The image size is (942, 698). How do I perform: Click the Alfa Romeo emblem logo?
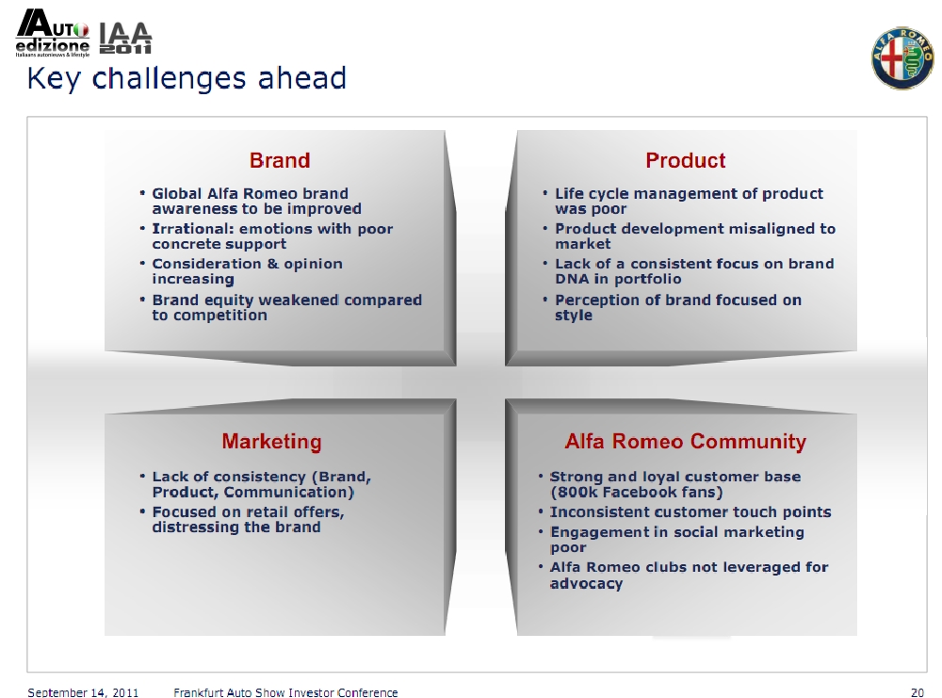click(x=902, y=57)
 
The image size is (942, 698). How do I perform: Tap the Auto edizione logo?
click(x=53, y=34)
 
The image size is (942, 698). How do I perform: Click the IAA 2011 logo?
click(x=125, y=39)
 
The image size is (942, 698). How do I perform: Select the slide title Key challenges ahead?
click(x=187, y=78)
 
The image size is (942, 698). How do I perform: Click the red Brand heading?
click(x=280, y=160)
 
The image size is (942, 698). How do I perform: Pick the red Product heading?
click(x=686, y=160)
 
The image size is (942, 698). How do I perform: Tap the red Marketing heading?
click(x=271, y=442)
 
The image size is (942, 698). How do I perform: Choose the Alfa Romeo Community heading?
click(x=686, y=442)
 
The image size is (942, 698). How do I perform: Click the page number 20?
click(x=918, y=692)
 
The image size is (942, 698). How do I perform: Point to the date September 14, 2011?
click(x=83, y=692)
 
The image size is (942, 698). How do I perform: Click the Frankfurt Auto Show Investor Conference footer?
click(x=285, y=692)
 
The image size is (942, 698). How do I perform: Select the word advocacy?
click(x=586, y=584)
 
